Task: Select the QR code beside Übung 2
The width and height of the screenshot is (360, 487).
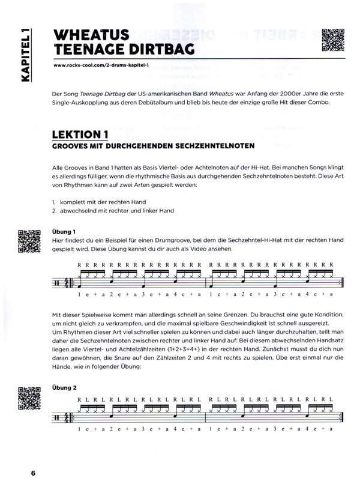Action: coord(28,397)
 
